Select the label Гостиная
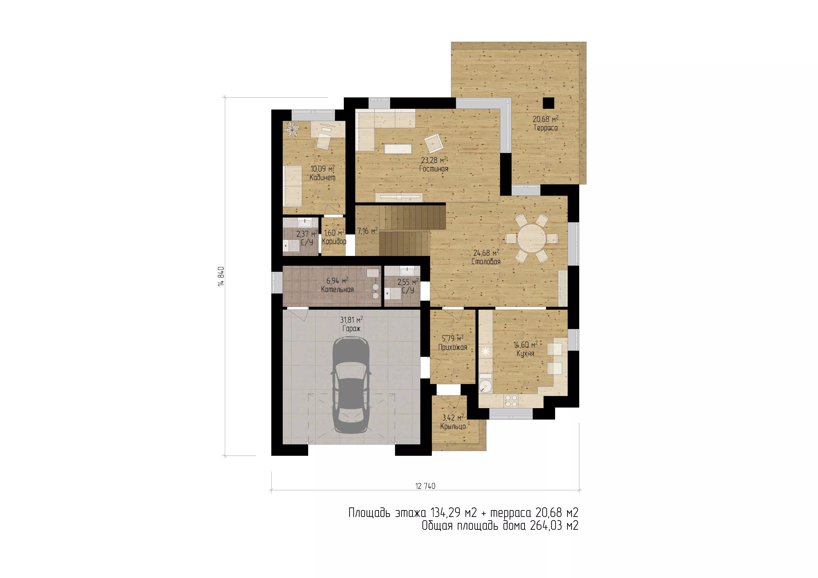[434, 169]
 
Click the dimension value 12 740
[425, 486]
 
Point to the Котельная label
[337, 290]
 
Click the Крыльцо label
[453, 426]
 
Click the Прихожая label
[452, 347]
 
